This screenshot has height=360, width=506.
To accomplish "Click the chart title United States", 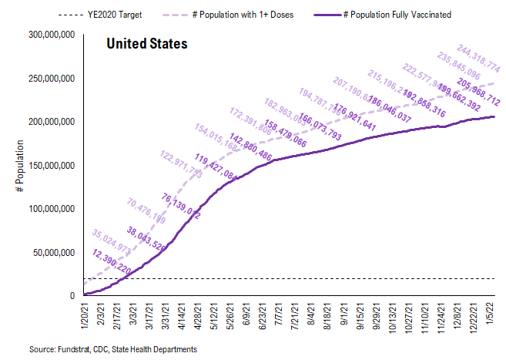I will click(146, 44).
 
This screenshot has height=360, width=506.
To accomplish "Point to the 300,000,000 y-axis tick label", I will click(48, 35).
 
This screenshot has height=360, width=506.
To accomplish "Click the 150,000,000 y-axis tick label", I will click(48, 166).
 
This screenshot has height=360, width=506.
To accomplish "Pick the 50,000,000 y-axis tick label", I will click(50, 252).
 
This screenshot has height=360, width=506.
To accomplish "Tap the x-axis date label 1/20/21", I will click(85, 318).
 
